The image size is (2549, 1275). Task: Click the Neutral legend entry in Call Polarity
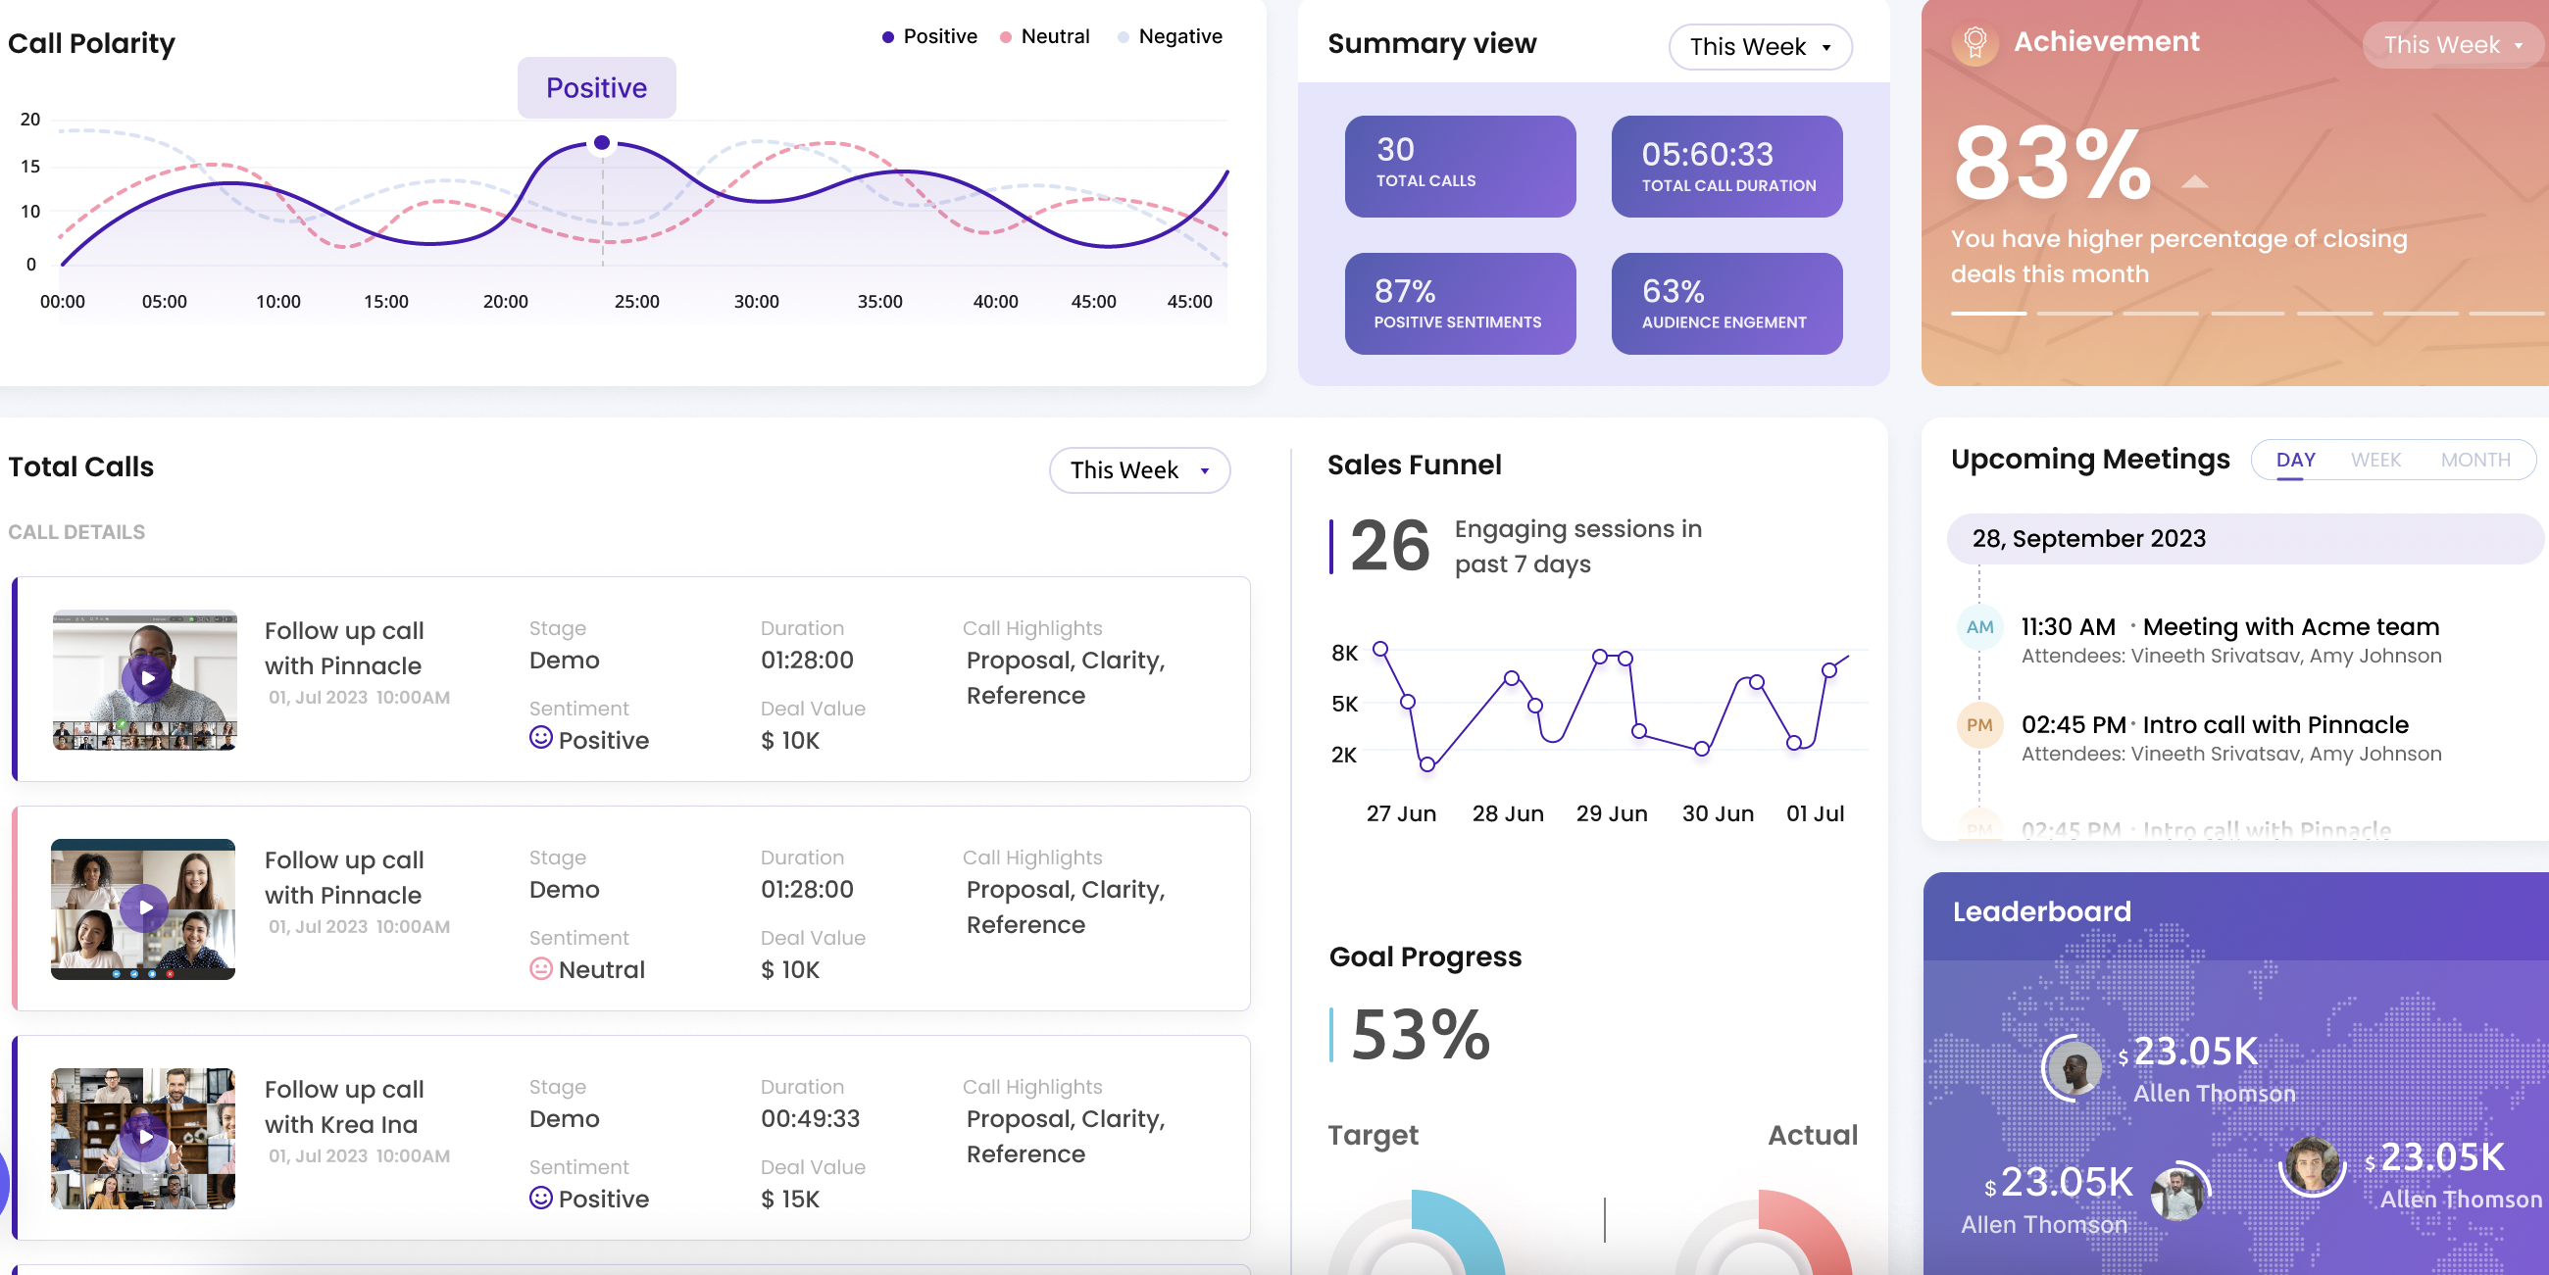pos(1053,36)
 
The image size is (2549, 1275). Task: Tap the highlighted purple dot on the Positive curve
pos(602,143)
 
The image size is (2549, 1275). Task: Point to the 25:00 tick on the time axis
pos(636,302)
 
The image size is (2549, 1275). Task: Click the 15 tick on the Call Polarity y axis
pos(30,167)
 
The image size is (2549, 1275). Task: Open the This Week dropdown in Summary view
pos(1760,46)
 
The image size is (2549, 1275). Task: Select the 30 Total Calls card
pos(1460,167)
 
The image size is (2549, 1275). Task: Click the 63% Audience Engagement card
pos(1725,304)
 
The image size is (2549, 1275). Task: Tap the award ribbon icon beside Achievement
pos(1974,43)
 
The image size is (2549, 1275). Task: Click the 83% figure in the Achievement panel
pos(2052,165)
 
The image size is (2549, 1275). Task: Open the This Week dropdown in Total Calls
pos(1138,469)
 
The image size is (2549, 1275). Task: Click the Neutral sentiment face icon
pos(540,968)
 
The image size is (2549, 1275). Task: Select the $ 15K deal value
pos(789,1199)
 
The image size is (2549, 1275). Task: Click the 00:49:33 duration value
pos(810,1119)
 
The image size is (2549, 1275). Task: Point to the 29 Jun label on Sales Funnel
pos(1611,813)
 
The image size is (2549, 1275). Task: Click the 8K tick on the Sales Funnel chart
pos(1344,653)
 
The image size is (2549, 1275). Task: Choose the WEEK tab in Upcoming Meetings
pos(2374,460)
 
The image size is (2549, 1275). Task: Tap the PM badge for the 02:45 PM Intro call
pos(1979,725)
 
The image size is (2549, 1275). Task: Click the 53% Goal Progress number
pos(1419,1035)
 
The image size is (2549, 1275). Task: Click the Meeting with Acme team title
pos(2290,627)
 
